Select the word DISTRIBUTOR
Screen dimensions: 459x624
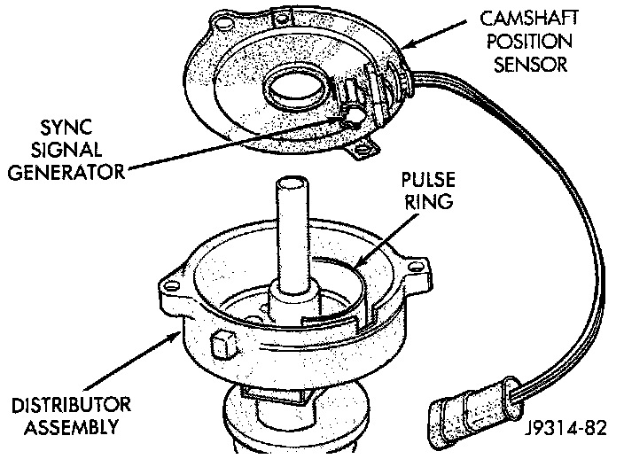[71, 406]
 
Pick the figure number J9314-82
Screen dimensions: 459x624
[564, 431]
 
